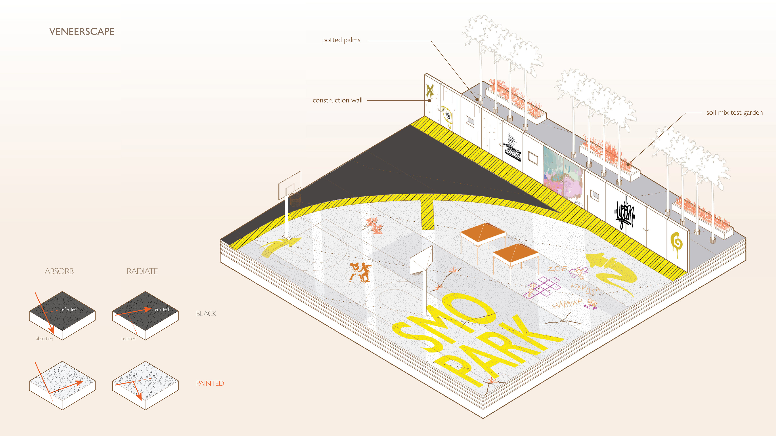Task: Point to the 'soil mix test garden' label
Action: coord(734,113)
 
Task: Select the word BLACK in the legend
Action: coord(206,313)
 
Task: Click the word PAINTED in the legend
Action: coord(210,383)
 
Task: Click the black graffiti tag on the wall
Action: coord(624,214)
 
